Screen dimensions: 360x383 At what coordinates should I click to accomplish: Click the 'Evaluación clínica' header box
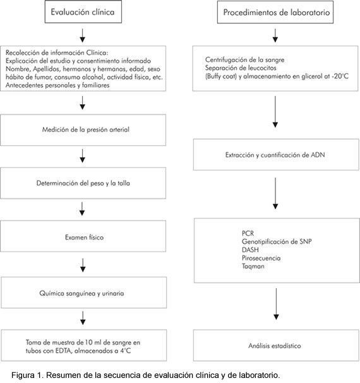[x=83, y=12]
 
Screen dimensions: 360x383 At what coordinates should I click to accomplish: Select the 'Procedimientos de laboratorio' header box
[x=275, y=12]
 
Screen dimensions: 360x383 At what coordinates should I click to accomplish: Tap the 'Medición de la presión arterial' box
[x=83, y=130]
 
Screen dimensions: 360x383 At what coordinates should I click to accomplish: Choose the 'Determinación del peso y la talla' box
[x=83, y=183]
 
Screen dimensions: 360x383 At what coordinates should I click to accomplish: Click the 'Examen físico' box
[x=83, y=236]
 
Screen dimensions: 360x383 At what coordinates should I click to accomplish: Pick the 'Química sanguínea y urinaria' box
[x=84, y=293]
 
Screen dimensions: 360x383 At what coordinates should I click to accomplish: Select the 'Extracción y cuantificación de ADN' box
[x=276, y=155]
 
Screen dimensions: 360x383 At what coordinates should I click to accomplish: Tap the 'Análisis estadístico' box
[x=276, y=345]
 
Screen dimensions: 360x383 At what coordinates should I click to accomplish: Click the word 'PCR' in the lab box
[x=248, y=233]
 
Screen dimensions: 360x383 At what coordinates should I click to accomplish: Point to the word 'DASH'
[x=250, y=250]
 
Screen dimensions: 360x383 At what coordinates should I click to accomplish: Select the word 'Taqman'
[x=253, y=266]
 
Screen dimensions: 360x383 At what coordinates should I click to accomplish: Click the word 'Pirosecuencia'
[x=261, y=258]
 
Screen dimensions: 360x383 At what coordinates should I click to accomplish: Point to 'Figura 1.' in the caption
[x=28, y=375]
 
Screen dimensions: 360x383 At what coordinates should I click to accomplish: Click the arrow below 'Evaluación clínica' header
[x=83, y=35]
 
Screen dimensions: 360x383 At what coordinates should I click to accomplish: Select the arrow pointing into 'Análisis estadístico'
[x=276, y=304]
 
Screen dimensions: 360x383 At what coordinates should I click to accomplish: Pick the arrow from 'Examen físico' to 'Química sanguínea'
[x=83, y=265]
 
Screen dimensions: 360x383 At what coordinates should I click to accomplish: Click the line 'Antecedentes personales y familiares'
[x=57, y=85]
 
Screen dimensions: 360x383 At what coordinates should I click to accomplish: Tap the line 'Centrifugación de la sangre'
[x=244, y=60]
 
